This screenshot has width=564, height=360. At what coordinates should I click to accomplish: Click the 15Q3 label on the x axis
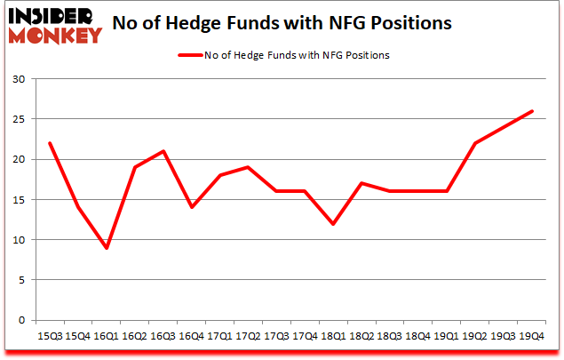(x=51, y=336)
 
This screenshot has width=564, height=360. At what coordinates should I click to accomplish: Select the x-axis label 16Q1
(x=107, y=336)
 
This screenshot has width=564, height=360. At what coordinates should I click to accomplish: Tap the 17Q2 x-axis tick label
(x=246, y=336)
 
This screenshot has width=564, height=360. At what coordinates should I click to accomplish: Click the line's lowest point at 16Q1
(x=107, y=248)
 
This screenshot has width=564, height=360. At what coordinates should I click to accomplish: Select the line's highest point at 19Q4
(x=531, y=111)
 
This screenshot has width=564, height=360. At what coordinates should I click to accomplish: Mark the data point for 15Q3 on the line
(x=51, y=143)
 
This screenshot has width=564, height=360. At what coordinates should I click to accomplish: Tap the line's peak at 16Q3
(x=163, y=151)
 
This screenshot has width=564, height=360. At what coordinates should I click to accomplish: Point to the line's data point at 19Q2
(x=475, y=143)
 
